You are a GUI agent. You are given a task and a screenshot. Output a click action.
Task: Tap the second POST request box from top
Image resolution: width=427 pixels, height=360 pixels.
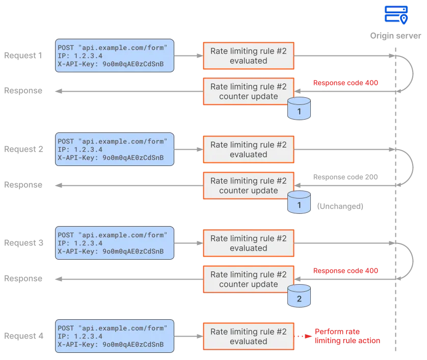pos(113,149)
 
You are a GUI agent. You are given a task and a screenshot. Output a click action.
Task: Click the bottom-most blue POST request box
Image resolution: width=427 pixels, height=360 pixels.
pos(113,337)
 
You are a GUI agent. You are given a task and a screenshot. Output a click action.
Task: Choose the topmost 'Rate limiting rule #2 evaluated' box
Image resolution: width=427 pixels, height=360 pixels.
pos(249,56)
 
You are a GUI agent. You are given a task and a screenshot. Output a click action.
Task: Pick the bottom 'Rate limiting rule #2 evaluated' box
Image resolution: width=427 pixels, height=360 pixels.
pos(249,337)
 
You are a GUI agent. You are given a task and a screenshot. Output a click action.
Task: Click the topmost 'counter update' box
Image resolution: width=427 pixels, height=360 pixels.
pos(249,91)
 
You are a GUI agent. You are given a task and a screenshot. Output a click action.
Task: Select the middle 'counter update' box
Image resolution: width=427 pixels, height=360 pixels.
pos(249,185)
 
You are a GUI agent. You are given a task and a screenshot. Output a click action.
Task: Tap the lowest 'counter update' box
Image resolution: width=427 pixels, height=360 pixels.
pos(249,279)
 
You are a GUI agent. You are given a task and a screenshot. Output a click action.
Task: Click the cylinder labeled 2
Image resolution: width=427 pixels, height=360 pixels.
pos(299,297)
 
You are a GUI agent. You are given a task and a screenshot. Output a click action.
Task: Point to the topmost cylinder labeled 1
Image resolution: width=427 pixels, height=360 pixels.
pos(299,109)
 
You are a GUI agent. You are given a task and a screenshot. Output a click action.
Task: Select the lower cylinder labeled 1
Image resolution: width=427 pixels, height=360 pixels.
pos(299,203)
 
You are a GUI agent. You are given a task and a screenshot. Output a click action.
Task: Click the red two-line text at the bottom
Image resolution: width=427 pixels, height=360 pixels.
pos(348,336)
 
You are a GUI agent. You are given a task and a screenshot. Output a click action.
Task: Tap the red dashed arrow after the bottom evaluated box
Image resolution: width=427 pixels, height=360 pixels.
pos(304,337)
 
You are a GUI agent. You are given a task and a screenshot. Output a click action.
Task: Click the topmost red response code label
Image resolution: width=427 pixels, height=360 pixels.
pos(345,82)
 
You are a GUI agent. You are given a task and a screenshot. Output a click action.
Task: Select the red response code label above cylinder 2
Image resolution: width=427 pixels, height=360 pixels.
pos(345,271)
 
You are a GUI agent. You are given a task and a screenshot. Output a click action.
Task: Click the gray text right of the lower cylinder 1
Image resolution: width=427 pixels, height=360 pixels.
pos(339,206)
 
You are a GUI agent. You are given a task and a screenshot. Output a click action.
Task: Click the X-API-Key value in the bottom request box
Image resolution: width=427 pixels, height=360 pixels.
pos(133,345)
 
